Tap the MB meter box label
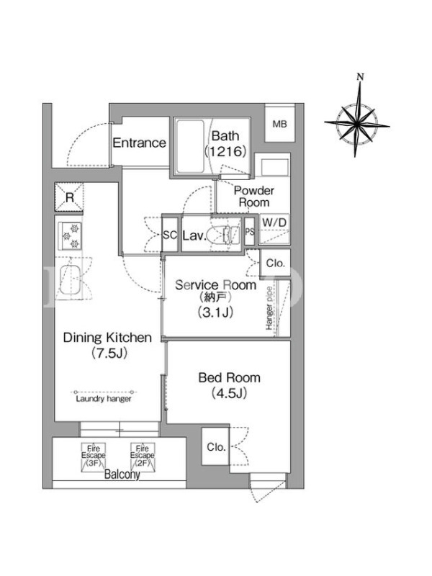(x=279, y=124)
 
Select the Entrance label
(x=139, y=143)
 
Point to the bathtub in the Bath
(x=190, y=146)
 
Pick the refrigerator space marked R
(x=69, y=197)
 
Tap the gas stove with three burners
(x=70, y=236)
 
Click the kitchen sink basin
(x=70, y=279)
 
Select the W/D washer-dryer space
(x=274, y=229)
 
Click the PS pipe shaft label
(x=250, y=232)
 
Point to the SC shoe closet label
(x=170, y=235)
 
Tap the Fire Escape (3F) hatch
(x=94, y=457)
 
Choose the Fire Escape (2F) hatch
(x=142, y=457)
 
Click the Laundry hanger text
(x=104, y=399)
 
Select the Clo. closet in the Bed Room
(x=215, y=446)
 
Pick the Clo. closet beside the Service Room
(x=275, y=263)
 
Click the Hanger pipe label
(x=269, y=308)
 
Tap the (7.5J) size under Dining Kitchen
(x=109, y=353)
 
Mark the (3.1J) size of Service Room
(x=215, y=312)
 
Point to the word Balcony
(x=122, y=474)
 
